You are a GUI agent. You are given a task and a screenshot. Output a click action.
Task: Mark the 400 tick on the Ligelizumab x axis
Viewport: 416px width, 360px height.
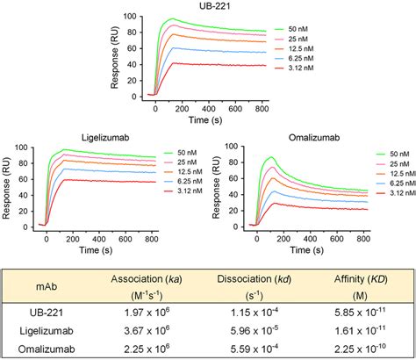(109, 237)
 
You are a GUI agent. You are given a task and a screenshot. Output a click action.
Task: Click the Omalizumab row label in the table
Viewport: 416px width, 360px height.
(47, 345)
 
